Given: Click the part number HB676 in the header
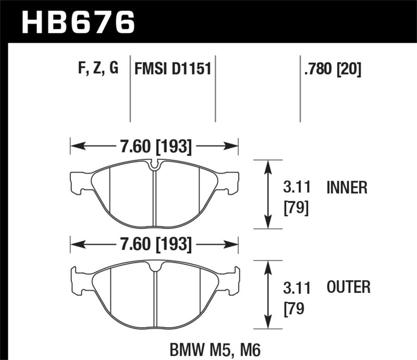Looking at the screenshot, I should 78,22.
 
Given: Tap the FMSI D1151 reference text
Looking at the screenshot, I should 173,68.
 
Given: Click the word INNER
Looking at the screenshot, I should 347,187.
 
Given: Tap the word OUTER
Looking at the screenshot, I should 348,287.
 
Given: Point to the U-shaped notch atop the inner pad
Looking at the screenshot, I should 155,166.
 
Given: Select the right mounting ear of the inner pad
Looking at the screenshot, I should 231,181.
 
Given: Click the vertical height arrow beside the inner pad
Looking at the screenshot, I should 268,194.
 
